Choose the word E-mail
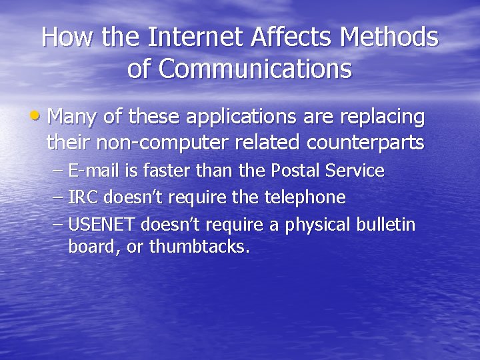click(x=93, y=171)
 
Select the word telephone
click(x=307, y=197)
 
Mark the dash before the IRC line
click(x=57, y=197)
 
